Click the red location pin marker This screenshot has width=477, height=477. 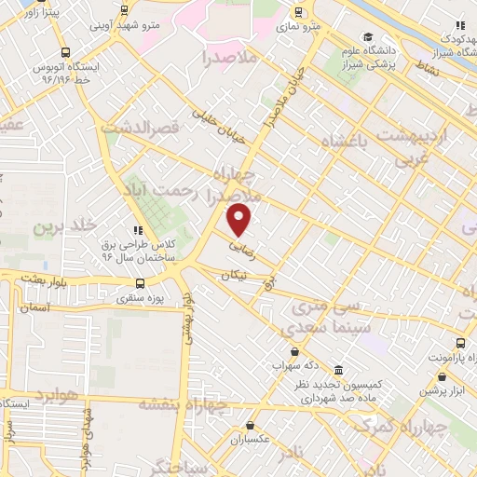(240, 219)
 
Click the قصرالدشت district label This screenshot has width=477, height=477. (141, 127)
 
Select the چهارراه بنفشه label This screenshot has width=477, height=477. (184, 403)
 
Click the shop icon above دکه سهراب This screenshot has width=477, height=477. (294, 351)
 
